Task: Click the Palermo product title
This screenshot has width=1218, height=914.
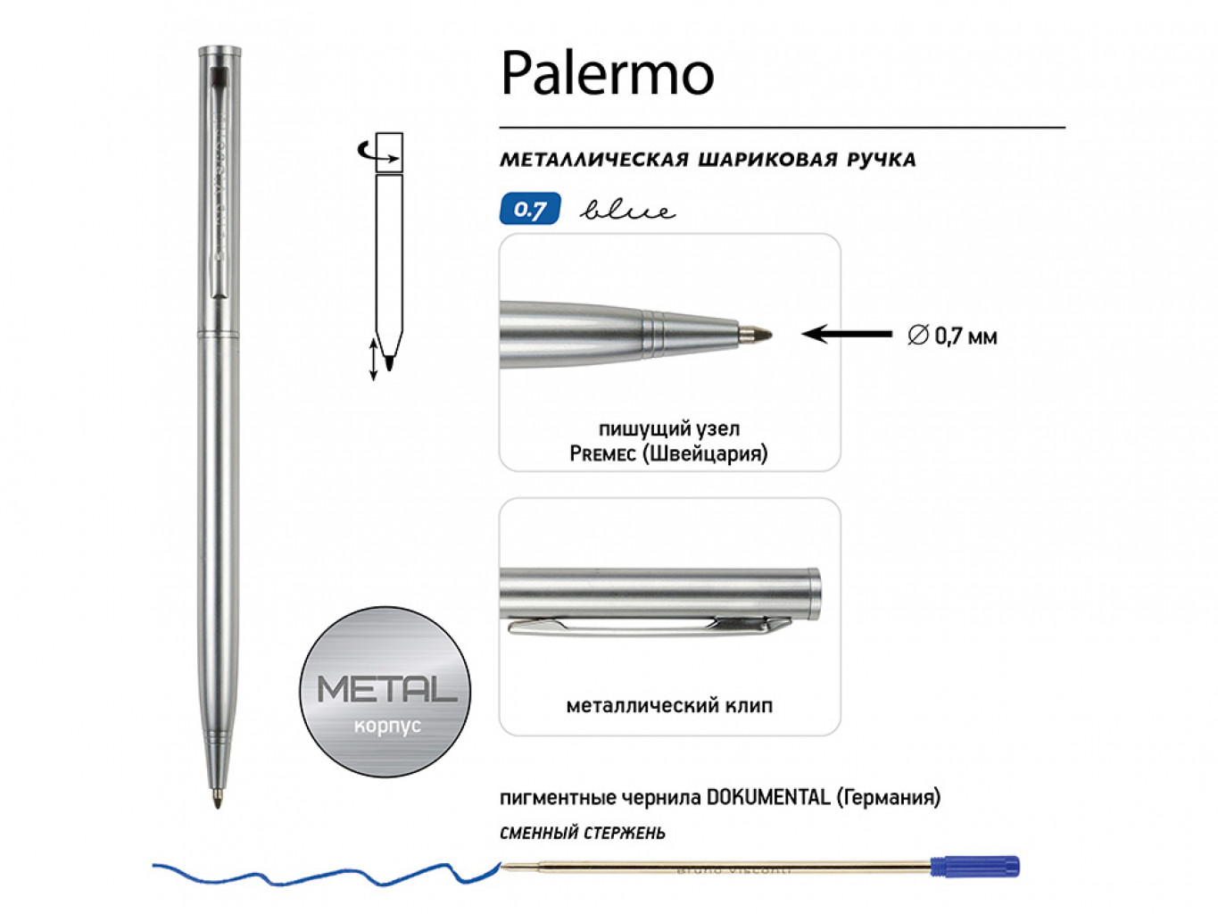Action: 607,73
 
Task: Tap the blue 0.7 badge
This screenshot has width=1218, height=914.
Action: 530,210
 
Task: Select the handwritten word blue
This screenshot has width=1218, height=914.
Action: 627,211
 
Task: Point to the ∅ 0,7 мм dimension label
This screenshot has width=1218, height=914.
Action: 952,337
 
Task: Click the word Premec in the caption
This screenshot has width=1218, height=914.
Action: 602,454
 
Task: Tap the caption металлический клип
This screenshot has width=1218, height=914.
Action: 669,706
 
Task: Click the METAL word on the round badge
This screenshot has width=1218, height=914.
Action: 386,689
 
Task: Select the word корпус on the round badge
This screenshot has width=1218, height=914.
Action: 386,726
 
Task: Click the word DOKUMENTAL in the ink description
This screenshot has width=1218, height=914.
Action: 767,797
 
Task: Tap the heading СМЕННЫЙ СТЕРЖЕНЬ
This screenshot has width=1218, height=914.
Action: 582,834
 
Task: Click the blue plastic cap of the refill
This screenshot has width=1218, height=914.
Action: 974,866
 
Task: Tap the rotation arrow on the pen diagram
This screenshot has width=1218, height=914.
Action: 367,154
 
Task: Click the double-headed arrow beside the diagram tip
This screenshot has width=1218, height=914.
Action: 373,359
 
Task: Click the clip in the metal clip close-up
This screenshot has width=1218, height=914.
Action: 642,626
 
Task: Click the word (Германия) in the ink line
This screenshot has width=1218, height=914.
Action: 888,797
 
